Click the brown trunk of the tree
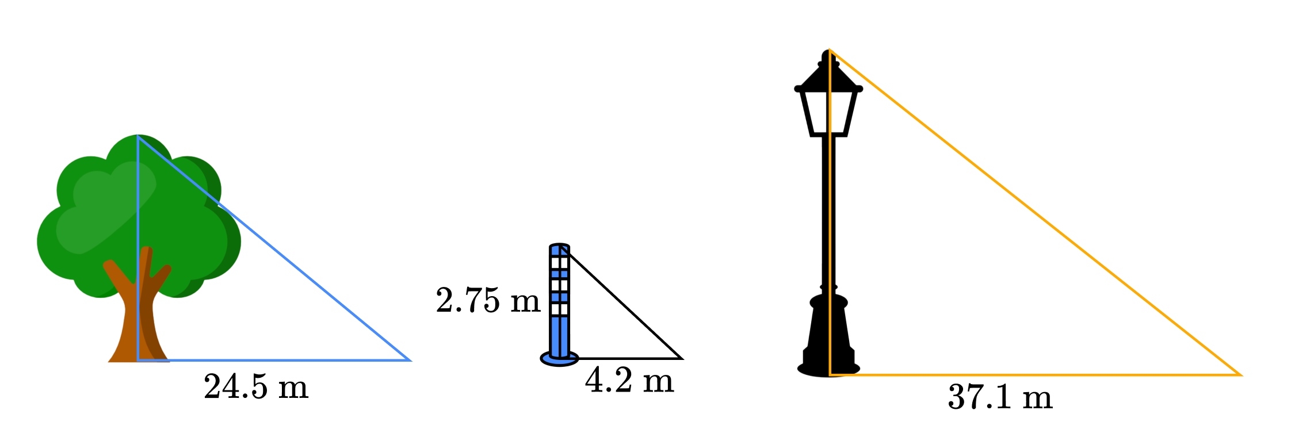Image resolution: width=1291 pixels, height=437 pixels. coord(129,333)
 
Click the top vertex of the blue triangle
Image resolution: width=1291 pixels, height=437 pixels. coord(138,137)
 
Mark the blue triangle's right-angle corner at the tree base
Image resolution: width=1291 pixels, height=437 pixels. coord(139,360)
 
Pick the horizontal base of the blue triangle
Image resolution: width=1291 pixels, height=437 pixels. coord(276,360)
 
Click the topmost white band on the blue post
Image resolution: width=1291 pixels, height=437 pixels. coord(560,263)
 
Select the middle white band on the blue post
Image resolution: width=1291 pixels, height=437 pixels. coord(560,285)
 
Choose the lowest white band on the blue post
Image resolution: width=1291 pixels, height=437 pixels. coord(560,309)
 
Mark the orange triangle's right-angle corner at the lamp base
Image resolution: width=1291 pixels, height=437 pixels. coord(830,375)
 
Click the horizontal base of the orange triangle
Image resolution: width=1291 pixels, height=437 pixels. coord(1036,375)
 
